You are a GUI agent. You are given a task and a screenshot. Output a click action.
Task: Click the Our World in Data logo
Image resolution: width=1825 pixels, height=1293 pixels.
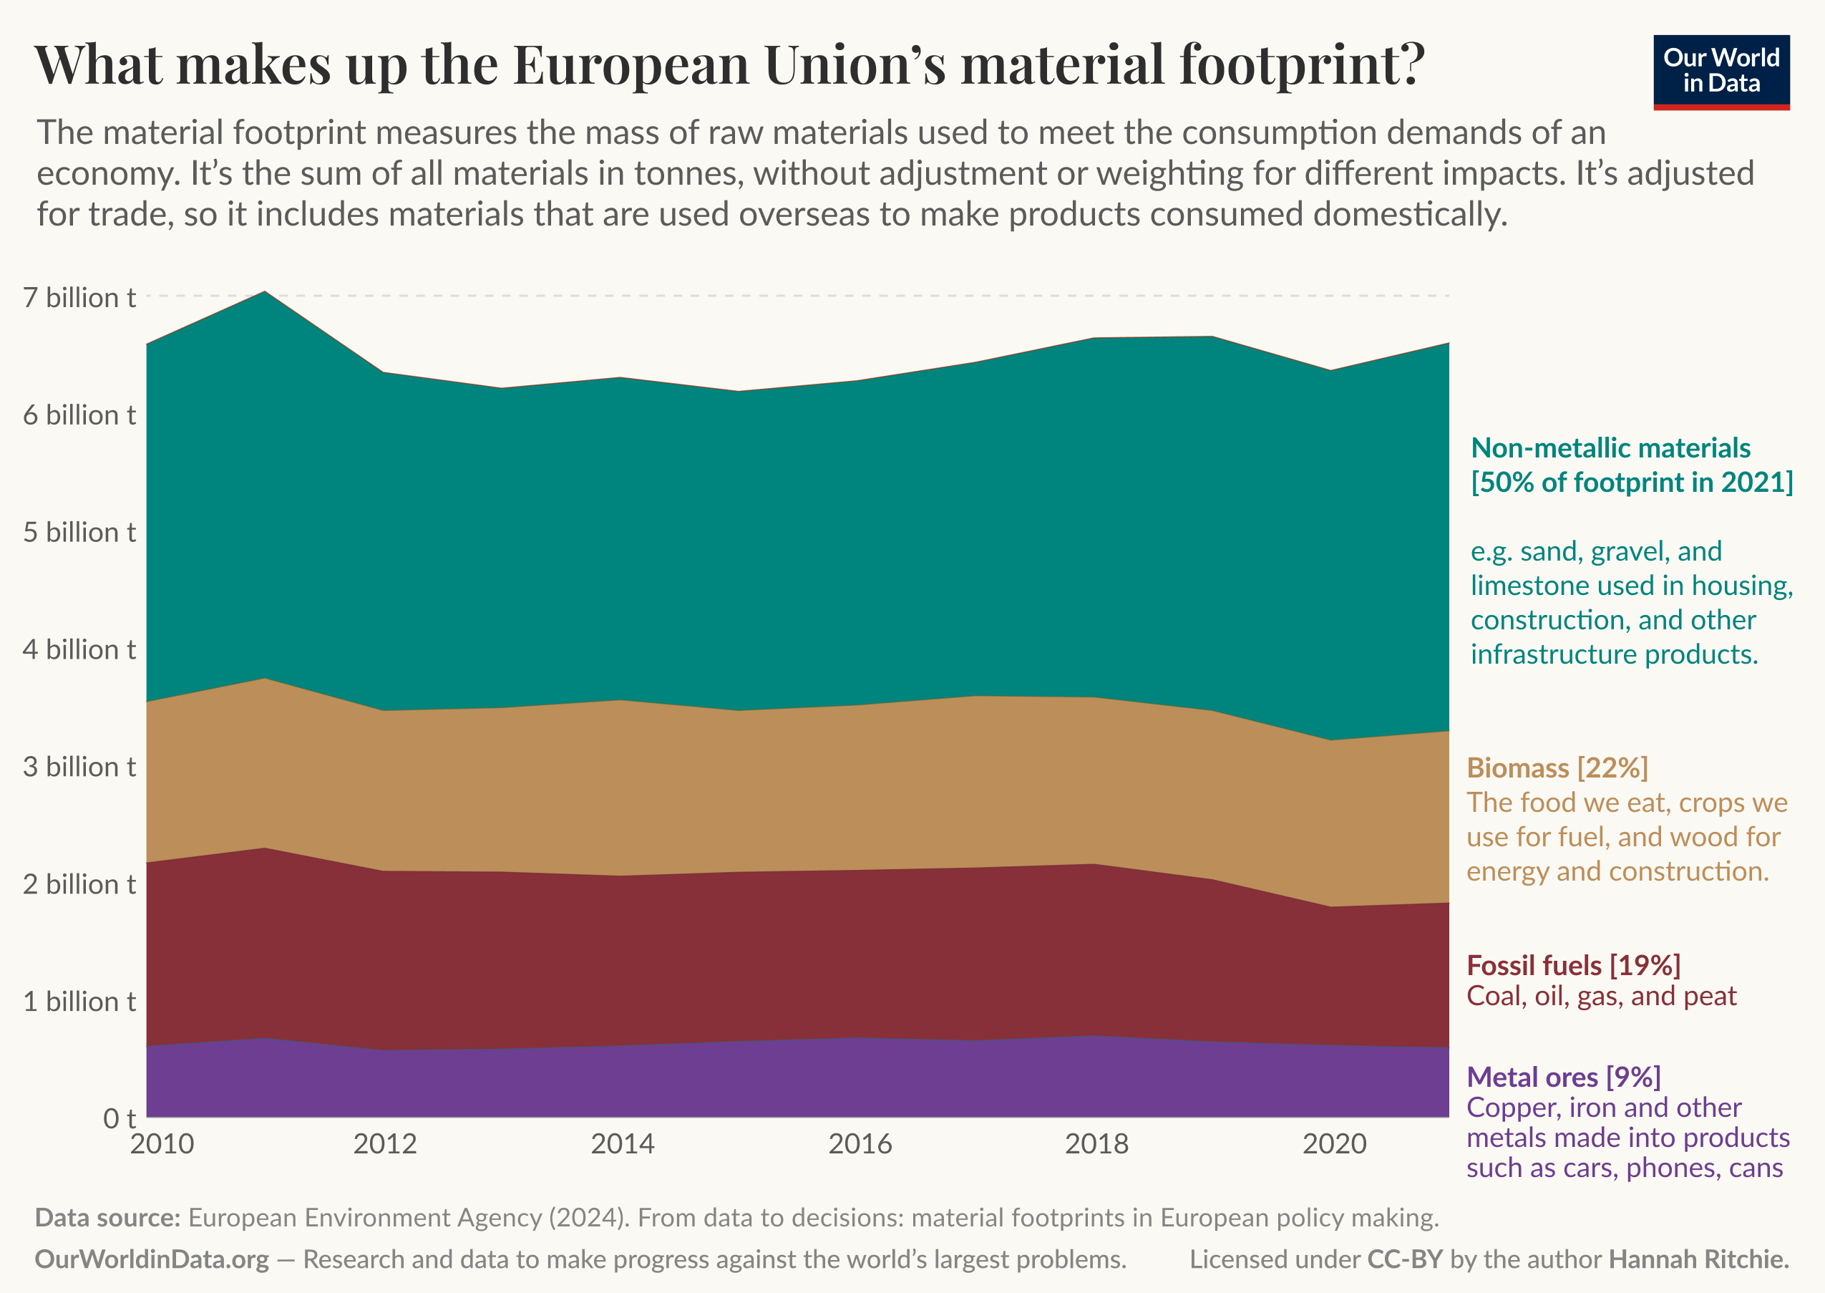point(1721,72)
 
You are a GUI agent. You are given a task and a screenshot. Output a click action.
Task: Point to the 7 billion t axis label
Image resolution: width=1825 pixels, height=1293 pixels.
point(79,298)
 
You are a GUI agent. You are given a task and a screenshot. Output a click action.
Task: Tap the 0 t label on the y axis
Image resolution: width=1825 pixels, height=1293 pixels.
point(120,1118)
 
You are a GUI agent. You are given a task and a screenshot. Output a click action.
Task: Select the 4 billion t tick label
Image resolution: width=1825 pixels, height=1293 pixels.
point(79,649)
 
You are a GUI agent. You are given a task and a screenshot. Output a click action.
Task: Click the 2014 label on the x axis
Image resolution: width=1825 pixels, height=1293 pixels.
point(623,1144)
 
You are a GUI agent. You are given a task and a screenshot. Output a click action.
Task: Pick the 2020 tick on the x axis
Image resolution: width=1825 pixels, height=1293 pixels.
point(1334,1144)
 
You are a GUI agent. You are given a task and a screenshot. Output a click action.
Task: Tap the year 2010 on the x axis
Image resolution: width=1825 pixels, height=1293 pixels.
point(162,1144)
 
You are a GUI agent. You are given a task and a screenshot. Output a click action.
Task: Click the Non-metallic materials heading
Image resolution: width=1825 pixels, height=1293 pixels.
point(1610,448)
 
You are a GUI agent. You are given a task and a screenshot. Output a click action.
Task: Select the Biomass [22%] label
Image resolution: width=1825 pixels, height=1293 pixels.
point(1557,767)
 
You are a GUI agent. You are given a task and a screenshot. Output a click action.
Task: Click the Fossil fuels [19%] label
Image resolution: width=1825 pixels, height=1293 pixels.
point(1572,965)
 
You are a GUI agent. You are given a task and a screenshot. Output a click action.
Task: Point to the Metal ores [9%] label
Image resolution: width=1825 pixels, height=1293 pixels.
point(1563,1077)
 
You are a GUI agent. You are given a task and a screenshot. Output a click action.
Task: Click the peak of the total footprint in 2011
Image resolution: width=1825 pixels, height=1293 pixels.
point(265,292)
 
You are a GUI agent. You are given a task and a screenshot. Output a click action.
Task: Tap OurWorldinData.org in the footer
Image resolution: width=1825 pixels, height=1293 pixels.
point(152,1259)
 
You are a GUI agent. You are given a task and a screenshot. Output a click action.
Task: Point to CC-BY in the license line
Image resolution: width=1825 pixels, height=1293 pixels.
point(1405,1259)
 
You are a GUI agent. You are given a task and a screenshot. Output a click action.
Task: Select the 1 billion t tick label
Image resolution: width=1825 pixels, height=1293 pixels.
point(79,1002)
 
